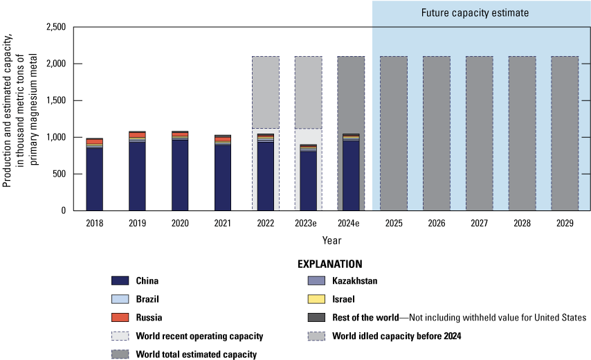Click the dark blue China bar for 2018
click(x=95, y=179)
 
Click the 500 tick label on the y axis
click(x=57, y=174)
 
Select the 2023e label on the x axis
click(x=308, y=224)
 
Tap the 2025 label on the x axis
click(x=393, y=224)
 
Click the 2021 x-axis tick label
click(x=222, y=224)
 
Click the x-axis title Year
click(x=331, y=240)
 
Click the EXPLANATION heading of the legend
click(x=329, y=264)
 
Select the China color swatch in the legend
click(x=120, y=281)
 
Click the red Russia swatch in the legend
click(x=120, y=318)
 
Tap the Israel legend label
click(x=343, y=299)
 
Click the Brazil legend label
click(x=149, y=299)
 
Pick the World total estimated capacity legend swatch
click(x=120, y=354)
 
